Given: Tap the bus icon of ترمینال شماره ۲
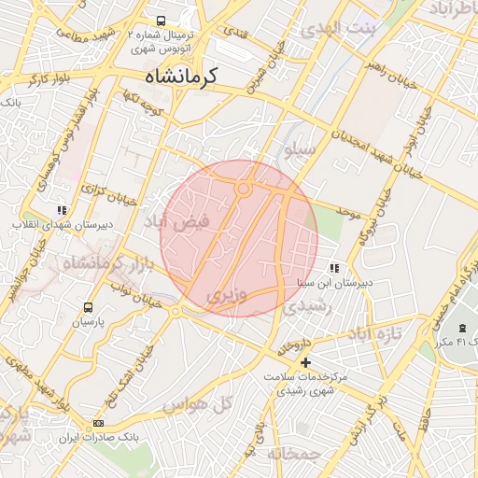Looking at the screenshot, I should pyautogui.click(x=161, y=21).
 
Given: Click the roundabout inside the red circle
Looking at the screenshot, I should pyautogui.click(x=244, y=190).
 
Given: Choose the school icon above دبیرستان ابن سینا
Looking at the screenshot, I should pyautogui.click(x=334, y=269).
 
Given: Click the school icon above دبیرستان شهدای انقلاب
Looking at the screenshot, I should pyautogui.click(x=62, y=211).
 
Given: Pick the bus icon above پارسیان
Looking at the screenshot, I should pyautogui.click(x=89, y=307).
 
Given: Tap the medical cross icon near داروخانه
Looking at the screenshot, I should pyautogui.click(x=305, y=362).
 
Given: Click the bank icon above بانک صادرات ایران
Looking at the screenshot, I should pyautogui.click(x=99, y=424).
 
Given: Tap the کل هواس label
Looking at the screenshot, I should pyautogui.click(x=196, y=404).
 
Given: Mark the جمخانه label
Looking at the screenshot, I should pyautogui.click(x=294, y=454).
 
